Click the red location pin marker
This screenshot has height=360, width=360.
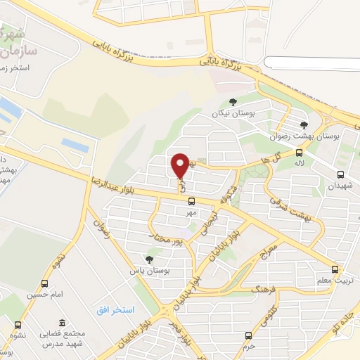(x=180, y=165)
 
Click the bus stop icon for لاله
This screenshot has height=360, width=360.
(x=299, y=153)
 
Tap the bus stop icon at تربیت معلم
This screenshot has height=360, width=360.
(x=335, y=269)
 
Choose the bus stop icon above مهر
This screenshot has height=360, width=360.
(x=191, y=201)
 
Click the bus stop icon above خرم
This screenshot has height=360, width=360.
(x=247, y=335)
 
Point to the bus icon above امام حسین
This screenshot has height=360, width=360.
(x=46, y=283)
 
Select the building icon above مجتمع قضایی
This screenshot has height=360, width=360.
(x=63, y=322)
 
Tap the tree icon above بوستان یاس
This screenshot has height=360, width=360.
(x=148, y=259)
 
